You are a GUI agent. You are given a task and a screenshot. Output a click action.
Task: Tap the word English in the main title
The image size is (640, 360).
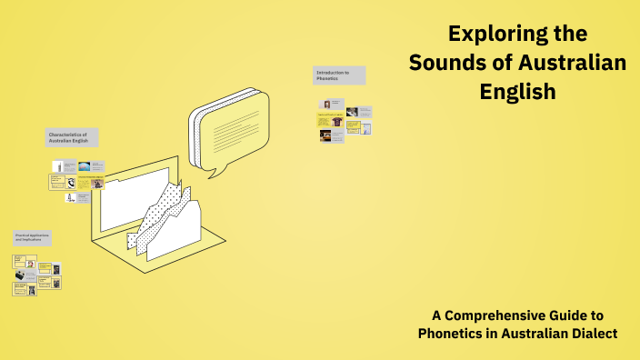tap(517, 92)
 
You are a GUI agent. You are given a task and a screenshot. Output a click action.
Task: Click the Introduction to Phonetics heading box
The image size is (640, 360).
tap(339, 75)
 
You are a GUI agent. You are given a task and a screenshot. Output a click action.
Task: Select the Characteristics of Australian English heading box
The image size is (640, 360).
tap(73, 137)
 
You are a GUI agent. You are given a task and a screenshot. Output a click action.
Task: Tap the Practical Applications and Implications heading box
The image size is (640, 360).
tap(32, 238)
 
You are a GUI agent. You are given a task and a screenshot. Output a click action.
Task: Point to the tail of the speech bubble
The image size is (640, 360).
tap(215, 168)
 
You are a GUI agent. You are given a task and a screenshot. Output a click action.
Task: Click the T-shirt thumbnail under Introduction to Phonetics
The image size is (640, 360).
tap(336, 121)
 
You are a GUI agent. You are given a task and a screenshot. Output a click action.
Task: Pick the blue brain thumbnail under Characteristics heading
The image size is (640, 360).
tap(84, 166)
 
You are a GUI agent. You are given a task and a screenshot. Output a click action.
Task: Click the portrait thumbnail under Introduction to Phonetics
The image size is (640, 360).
tap(326, 104)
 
